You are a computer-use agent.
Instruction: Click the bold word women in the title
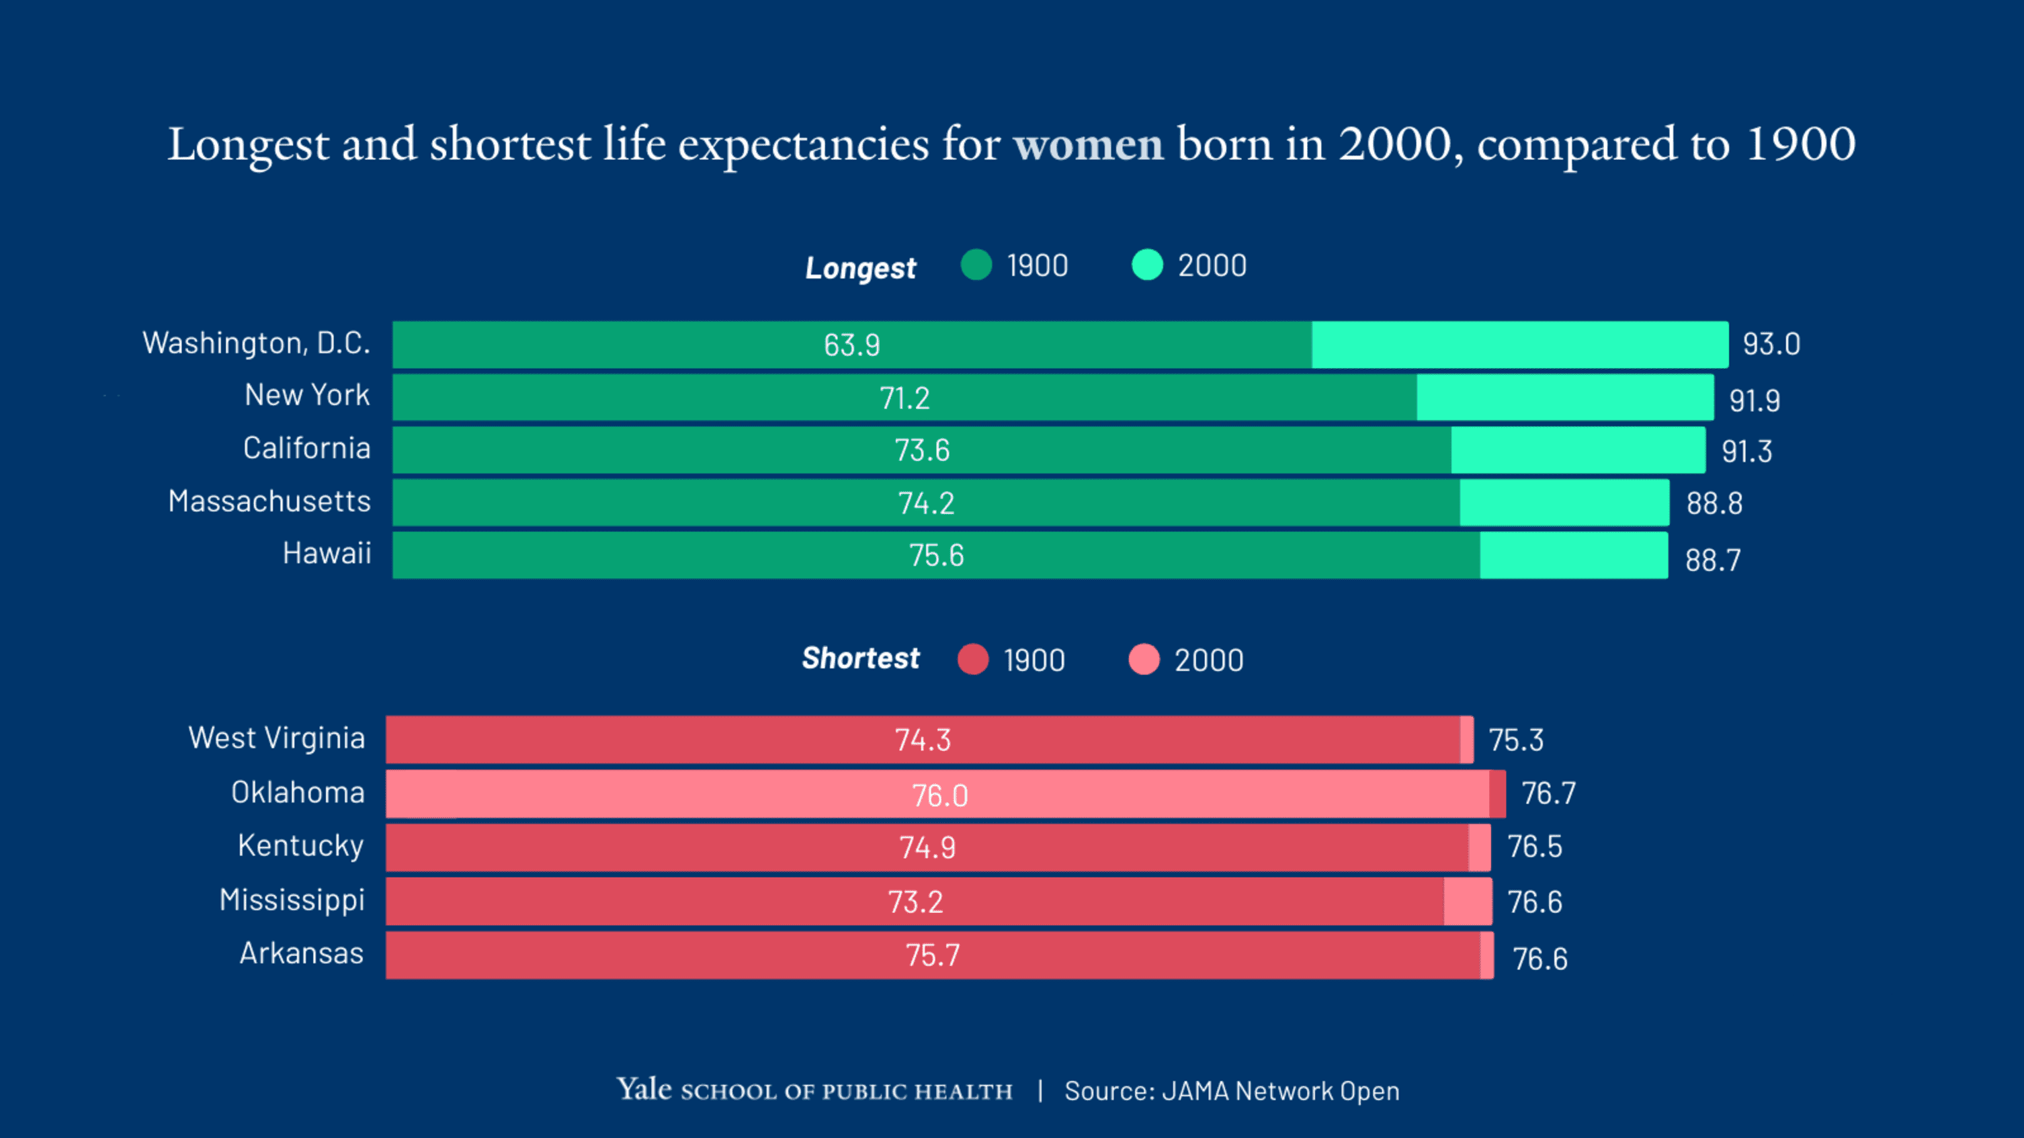pos(1088,144)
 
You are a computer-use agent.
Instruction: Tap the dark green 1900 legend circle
pos(976,265)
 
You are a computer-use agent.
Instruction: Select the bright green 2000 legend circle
pos(1147,265)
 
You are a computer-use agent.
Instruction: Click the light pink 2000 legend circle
pos(1144,660)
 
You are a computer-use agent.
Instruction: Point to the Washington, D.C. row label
pos(256,344)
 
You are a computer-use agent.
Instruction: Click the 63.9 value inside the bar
pos(851,345)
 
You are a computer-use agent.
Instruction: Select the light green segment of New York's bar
pos(1564,398)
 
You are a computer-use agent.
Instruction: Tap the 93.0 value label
pos(1771,345)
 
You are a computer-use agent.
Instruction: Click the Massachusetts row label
pos(269,502)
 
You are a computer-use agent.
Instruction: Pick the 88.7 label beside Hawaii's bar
pos(1713,561)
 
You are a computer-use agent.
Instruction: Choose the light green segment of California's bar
pos(1578,450)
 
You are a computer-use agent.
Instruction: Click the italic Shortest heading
pos(860,658)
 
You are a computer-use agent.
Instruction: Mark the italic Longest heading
pos(860,269)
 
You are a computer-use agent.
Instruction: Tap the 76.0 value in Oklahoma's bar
pos(939,796)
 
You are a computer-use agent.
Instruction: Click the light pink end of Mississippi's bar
pos(1468,902)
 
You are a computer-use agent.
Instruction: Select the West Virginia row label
pos(277,739)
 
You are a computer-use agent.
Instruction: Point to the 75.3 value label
pos(1515,740)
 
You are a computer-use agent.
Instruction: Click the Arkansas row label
pos(302,953)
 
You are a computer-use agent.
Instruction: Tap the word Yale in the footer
pos(644,1090)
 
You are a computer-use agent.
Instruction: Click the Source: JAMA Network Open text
pos(1231,1092)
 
